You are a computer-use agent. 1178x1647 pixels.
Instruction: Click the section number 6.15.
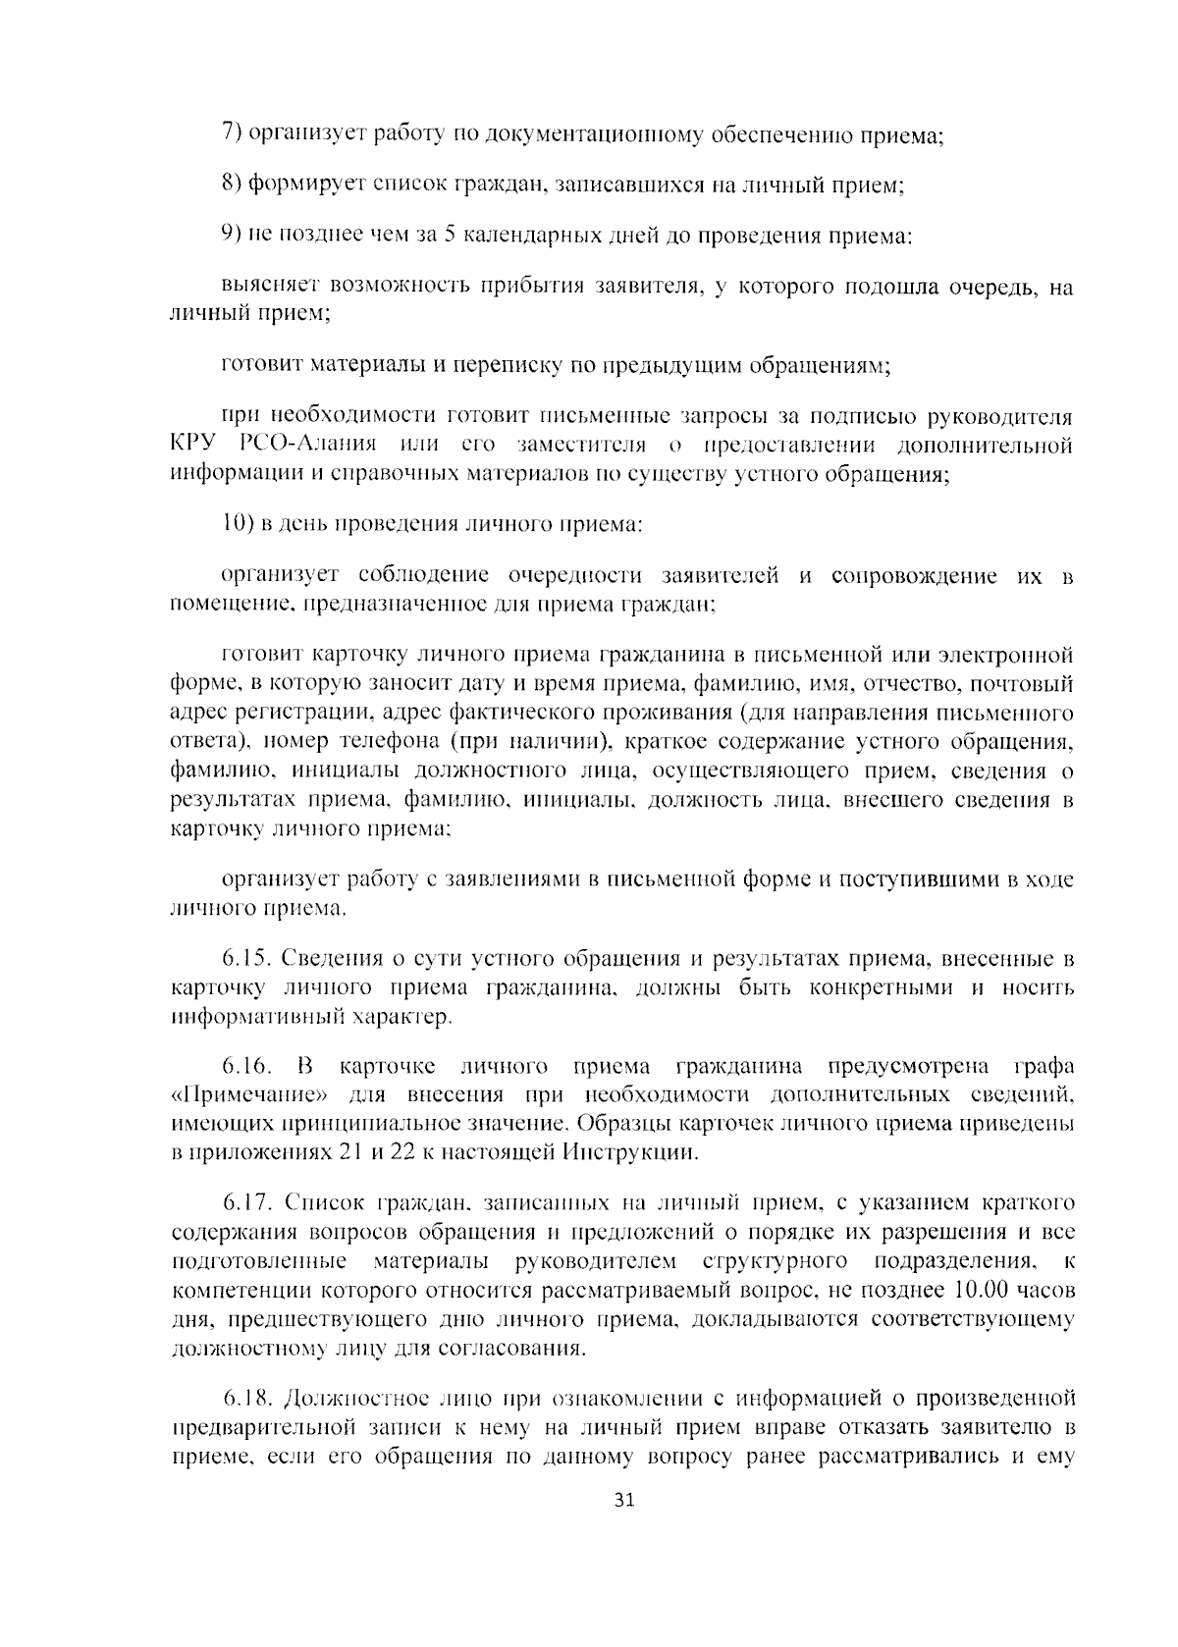pos(246,958)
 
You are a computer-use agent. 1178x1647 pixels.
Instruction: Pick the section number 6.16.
pos(246,1066)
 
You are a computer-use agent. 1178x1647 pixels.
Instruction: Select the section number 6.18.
pos(247,1396)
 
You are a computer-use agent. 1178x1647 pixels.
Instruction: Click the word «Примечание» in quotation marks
pos(252,1094)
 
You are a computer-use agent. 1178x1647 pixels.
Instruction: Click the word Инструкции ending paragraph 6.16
pos(632,1151)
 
